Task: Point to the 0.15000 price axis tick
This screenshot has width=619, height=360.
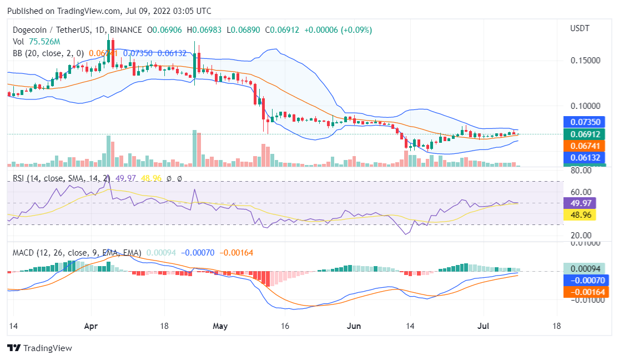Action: click(x=585, y=60)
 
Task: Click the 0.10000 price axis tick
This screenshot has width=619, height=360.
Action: click(x=585, y=106)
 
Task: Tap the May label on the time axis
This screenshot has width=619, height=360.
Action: click(x=220, y=326)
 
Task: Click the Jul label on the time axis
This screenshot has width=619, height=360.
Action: click(x=483, y=326)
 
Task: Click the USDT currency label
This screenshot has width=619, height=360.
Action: click(x=580, y=28)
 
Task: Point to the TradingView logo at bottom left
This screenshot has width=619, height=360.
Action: click(x=39, y=348)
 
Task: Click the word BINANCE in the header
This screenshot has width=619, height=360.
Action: click(x=125, y=29)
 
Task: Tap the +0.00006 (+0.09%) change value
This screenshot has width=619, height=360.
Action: click(x=341, y=29)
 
